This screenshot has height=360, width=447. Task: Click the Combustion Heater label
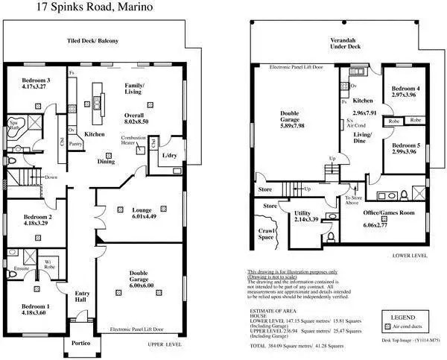tap(133, 142)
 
